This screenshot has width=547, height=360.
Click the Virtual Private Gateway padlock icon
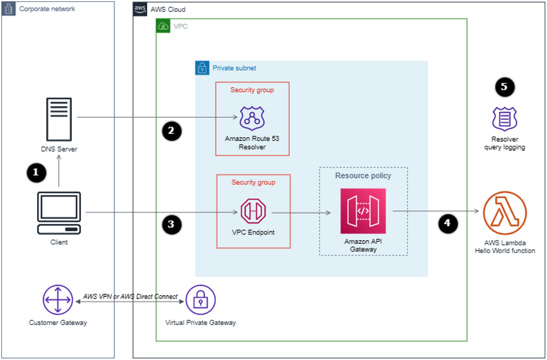(x=200, y=300)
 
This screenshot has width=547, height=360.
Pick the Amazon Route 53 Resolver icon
(x=252, y=118)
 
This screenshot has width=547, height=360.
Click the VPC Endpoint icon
(x=253, y=213)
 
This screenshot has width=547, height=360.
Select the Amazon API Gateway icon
(x=363, y=211)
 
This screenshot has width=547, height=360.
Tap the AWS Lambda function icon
(x=505, y=212)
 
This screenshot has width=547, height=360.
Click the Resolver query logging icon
(x=505, y=119)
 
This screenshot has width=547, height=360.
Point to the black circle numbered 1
(x=36, y=173)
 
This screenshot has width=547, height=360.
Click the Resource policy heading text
(x=363, y=176)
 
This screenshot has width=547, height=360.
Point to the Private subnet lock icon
(x=202, y=68)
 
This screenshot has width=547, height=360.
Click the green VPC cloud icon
(x=163, y=26)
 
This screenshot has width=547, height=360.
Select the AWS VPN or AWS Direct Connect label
(x=130, y=296)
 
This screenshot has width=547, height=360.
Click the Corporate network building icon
(x=9, y=9)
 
